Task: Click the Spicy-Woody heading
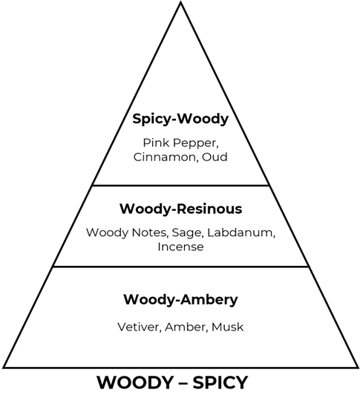coord(180,120)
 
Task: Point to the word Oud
coord(215,157)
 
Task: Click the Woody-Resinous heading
coord(181,209)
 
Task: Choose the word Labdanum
coord(241,232)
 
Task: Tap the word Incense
coord(180,247)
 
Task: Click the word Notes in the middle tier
coord(149,232)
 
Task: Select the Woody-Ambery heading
coord(180,299)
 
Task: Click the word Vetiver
coord(140,327)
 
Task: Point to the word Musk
coord(227,327)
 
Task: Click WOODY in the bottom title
coord(135,382)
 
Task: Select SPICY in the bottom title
coord(220,382)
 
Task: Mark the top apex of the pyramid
coord(181,2)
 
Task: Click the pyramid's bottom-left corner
coord(4,368)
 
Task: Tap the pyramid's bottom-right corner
coord(358,368)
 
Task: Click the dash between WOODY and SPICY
coord(183,383)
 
